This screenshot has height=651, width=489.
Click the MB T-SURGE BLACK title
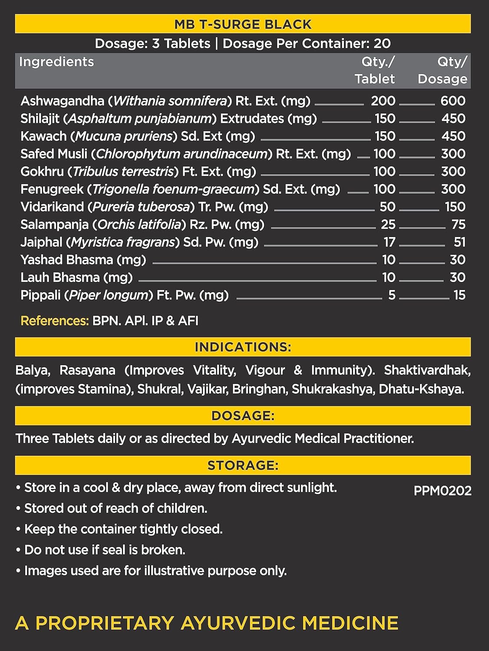pyautogui.click(x=243, y=24)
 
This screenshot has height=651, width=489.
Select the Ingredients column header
pyautogui.click(x=56, y=62)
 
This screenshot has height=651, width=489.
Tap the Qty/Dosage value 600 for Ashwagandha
pyautogui.click(x=453, y=101)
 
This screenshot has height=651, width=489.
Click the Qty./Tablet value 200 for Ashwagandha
pyautogui.click(x=383, y=101)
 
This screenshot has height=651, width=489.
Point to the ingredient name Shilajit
pyautogui.click(x=40, y=118)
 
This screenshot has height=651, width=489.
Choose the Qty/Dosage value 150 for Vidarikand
pyautogui.click(x=455, y=207)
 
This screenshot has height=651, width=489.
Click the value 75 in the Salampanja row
pyautogui.click(x=458, y=224)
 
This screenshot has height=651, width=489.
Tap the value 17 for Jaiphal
pyautogui.click(x=389, y=242)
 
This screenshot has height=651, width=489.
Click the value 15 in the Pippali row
pyautogui.click(x=459, y=295)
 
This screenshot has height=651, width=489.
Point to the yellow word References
pyautogui.click(x=55, y=321)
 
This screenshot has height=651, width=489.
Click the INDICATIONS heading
pyautogui.click(x=243, y=347)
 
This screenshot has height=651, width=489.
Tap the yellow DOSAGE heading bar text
pyautogui.click(x=243, y=416)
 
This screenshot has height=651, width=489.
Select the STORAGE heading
pyautogui.click(x=243, y=465)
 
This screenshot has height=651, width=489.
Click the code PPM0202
pyautogui.click(x=442, y=491)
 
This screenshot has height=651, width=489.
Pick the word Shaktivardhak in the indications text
pyautogui.click(x=427, y=370)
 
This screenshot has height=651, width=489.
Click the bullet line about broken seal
pyautogui.click(x=105, y=550)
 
